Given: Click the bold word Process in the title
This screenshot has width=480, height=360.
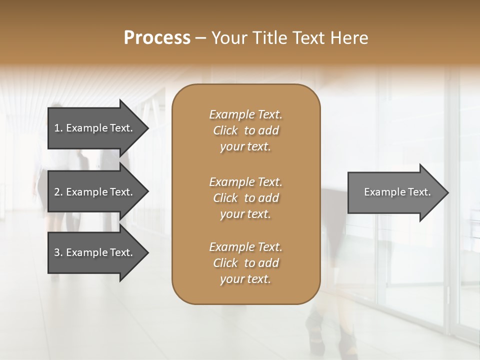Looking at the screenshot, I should tap(157, 38).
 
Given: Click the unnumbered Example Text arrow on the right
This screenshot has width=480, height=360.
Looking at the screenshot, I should tap(395, 192).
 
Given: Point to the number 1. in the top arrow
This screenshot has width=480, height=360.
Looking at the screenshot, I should tap(58, 128).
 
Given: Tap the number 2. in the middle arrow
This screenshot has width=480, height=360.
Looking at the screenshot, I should tap(58, 192).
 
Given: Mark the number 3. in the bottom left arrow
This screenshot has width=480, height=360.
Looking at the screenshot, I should tap(58, 252).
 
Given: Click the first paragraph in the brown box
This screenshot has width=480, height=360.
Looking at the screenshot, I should tap(245, 130).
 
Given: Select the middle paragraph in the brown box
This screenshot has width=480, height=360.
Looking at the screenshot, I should tap(245, 198).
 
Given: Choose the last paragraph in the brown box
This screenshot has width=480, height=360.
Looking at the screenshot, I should tap(245, 263).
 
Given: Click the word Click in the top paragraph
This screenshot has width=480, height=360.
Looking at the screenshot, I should tap(225, 130).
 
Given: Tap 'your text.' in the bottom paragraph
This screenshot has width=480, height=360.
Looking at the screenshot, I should tap(245, 279).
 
